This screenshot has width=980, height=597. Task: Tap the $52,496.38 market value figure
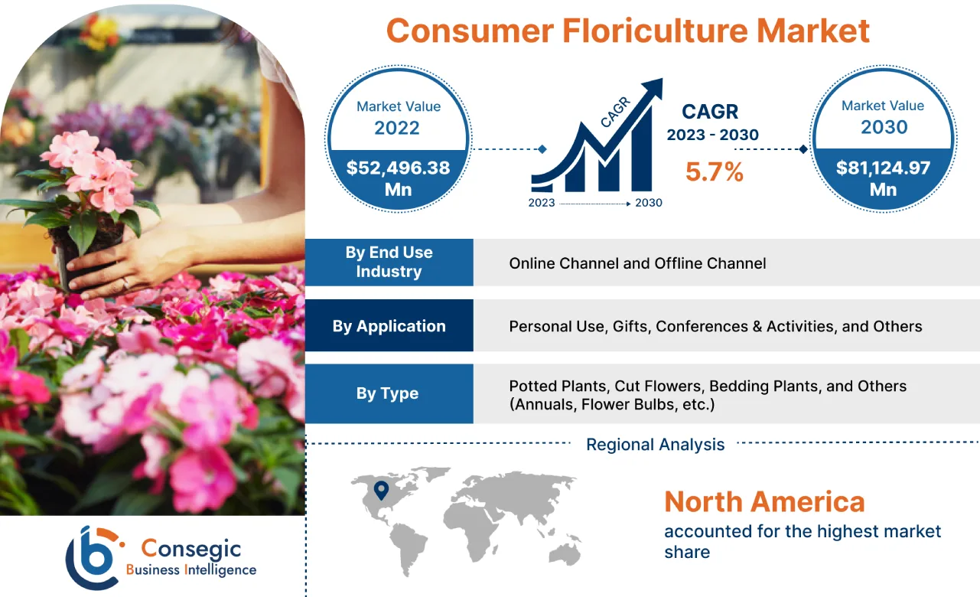click(x=398, y=168)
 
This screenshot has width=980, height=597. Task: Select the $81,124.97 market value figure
click(x=883, y=168)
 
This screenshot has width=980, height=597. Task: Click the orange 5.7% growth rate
click(x=714, y=173)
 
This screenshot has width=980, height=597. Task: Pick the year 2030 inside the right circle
click(x=883, y=127)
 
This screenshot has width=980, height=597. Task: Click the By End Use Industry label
click(x=389, y=262)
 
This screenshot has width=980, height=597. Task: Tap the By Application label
click(x=389, y=326)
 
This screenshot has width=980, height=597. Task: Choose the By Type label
click(x=387, y=393)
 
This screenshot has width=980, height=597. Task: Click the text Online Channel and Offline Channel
click(x=637, y=263)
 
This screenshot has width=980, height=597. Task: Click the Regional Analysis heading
click(x=655, y=445)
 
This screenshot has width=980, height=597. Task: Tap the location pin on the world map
click(x=381, y=489)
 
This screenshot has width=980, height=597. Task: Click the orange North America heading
click(x=763, y=502)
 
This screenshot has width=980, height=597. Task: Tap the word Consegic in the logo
click(x=191, y=548)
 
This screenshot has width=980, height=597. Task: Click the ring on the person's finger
click(x=126, y=283)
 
